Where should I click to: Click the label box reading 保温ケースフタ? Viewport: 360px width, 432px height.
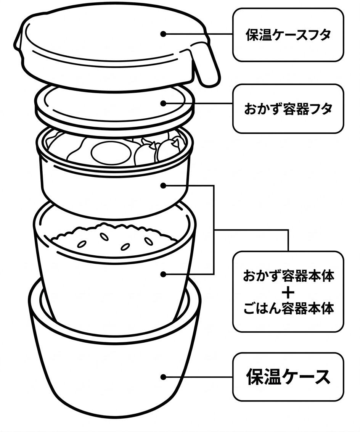click(x=288, y=35)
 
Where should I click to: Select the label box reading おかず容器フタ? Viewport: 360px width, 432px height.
click(x=288, y=109)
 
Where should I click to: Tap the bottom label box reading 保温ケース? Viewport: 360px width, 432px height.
click(x=288, y=377)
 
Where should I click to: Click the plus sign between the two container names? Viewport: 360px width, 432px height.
click(x=288, y=293)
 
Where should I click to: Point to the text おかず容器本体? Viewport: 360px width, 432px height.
click(x=288, y=276)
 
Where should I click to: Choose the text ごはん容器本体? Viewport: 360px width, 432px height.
click(x=288, y=308)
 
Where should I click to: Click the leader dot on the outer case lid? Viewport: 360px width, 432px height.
click(x=163, y=34)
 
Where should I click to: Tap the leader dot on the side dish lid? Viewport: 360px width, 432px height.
click(x=163, y=103)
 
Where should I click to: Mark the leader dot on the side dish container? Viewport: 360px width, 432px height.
click(x=163, y=186)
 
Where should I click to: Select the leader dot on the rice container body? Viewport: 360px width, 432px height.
click(x=163, y=274)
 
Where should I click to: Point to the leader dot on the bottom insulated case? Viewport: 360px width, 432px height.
click(x=163, y=377)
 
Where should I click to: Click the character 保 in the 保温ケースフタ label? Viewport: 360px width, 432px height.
click(x=252, y=35)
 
